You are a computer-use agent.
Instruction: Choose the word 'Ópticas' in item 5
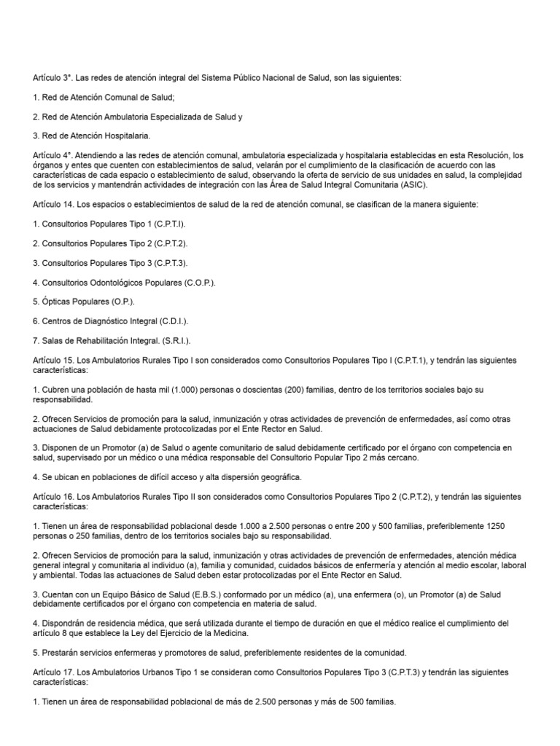(55, 301)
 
